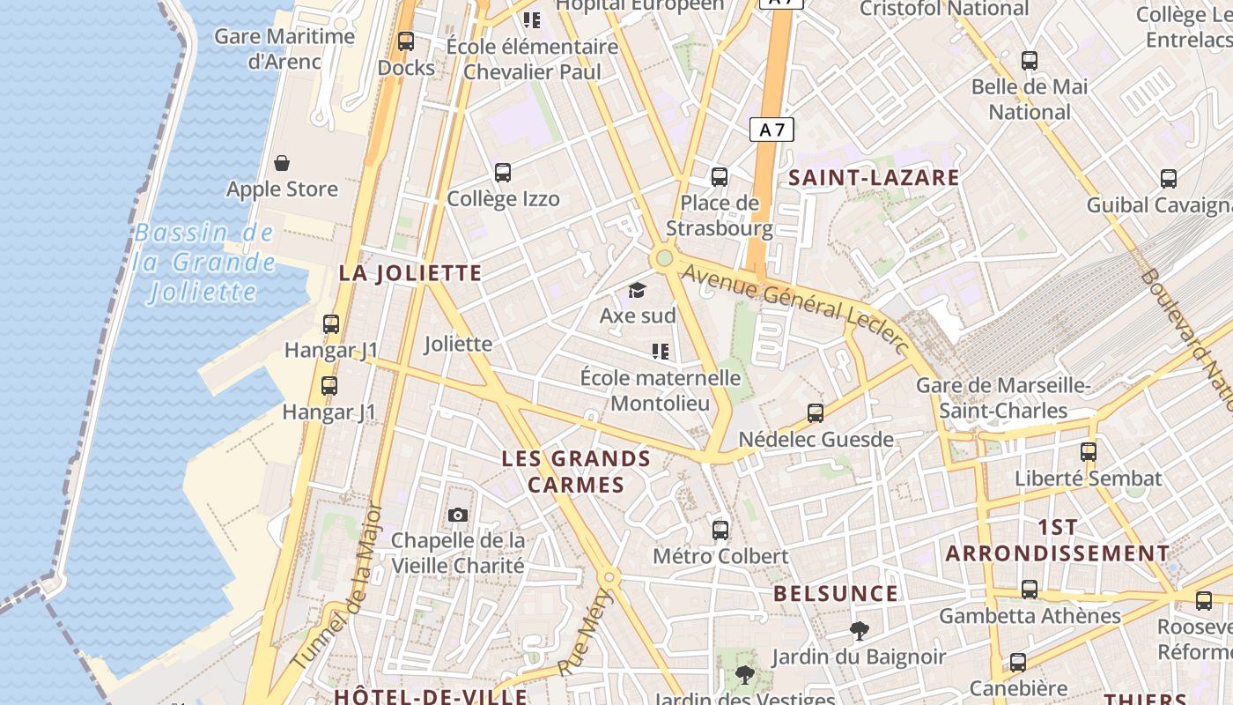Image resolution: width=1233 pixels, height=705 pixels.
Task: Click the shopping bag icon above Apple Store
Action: (282, 163)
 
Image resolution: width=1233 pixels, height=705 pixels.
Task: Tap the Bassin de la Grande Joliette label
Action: (204, 263)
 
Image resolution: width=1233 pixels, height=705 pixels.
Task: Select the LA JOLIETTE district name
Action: (410, 273)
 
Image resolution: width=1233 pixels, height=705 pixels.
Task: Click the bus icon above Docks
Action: (406, 41)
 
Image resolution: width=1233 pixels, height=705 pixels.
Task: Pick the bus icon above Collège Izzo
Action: (503, 173)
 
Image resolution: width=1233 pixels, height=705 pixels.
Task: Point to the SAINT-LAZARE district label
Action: (874, 178)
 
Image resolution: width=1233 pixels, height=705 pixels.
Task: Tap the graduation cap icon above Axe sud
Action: (637, 290)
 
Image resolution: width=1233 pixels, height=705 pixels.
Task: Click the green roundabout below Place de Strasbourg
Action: (664, 258)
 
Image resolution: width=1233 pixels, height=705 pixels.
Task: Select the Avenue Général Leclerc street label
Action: (795, 309)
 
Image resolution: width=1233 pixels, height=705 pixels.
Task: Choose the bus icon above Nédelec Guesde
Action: (816, 412)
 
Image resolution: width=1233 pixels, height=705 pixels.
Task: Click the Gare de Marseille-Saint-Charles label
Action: (1003, 398)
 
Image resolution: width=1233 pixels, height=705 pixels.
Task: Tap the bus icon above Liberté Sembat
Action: (1089, 452)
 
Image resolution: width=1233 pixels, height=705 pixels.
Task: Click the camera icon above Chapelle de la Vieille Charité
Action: (458, 515)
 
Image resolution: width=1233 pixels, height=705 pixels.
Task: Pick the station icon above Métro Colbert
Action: (720, 530)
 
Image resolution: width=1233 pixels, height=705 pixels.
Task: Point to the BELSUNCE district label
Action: (836, 594)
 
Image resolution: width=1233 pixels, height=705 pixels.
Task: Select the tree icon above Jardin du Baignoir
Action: (859, 630)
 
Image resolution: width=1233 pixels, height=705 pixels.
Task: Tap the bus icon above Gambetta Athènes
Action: (1030, 589)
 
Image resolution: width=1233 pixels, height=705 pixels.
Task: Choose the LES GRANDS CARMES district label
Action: (576, 471)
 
